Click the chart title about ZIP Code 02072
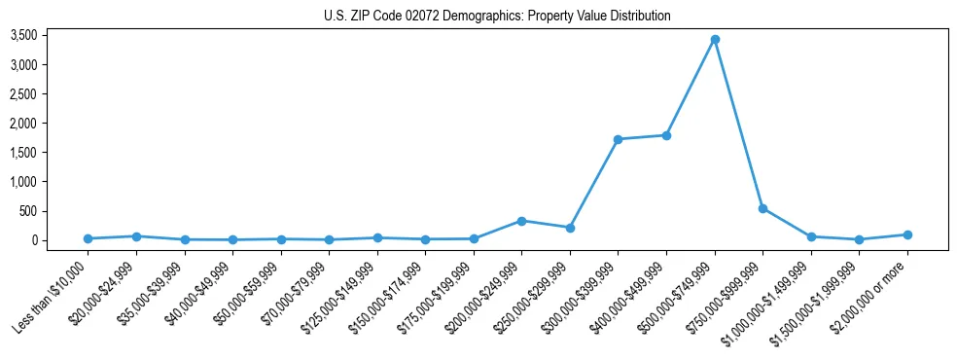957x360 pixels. (x=497, y=17)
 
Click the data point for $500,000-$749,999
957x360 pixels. (x=715, y=39)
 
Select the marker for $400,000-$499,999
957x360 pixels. (x=666, y=135)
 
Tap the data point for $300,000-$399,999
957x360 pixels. (x=619, y=139)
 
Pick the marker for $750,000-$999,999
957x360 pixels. (x=762, y=208)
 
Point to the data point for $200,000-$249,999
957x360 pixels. (x=522, y=221)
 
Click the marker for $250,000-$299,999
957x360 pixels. (x=570, y=228)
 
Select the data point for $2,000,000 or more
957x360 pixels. (x=907, y=234)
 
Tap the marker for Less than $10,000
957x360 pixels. (x=89, y=238)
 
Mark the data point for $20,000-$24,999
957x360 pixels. (x=136, y=236)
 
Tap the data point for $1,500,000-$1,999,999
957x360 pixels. (x=859, y=239)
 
